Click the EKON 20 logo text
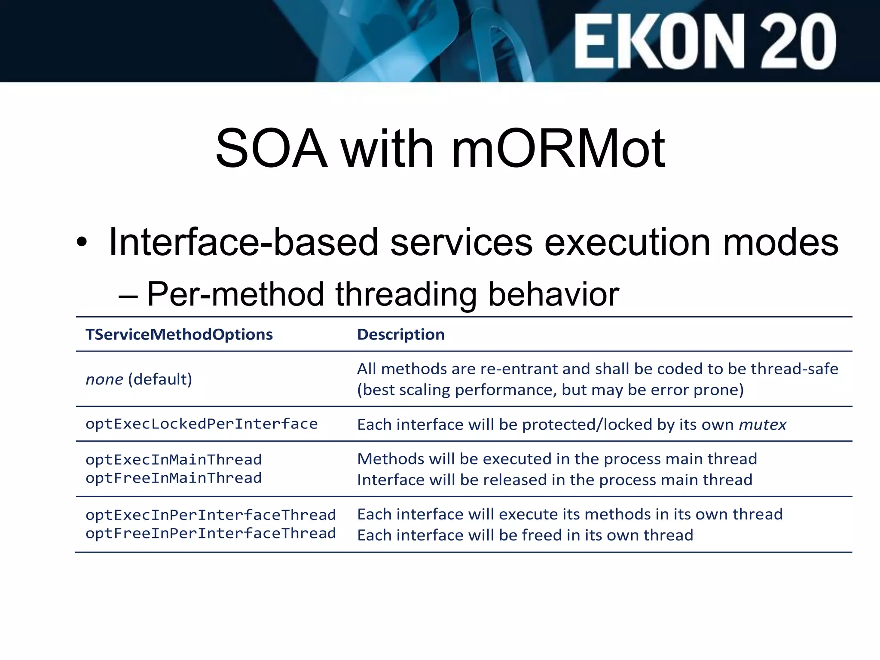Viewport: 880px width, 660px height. coord(705,41)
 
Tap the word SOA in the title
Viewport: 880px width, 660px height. coord(271,149)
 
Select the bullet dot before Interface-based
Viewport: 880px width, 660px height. coord(82,243)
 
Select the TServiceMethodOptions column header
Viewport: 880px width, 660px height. coord(179,335)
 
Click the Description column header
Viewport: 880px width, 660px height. coord(400,335)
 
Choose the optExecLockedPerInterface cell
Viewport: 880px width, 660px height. coord(202,424)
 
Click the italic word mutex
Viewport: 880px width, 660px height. coord(763,425)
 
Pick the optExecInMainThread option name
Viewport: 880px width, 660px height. coord(174,460)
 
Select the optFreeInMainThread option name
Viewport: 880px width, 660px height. coord(174,478)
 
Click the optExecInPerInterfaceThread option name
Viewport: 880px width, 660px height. coord(211,515)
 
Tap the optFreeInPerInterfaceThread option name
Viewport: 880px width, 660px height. coord(211,534)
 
